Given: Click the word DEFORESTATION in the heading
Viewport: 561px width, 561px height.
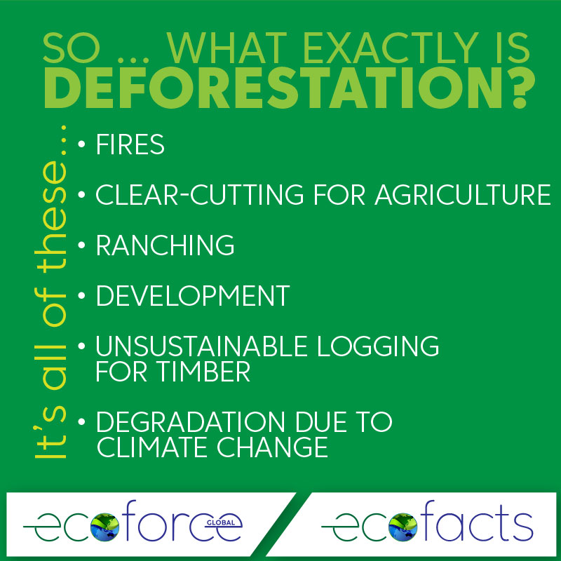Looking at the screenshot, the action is [276, 88].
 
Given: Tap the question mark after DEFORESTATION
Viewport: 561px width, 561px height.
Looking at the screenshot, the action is [522, 88].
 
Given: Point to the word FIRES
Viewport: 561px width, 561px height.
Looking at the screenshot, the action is [130, 144].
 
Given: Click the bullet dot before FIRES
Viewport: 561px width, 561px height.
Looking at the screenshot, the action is [81, 144].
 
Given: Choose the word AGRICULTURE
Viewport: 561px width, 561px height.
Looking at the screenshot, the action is [463, 195].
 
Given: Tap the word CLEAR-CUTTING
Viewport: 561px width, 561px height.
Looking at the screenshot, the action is [200, 195].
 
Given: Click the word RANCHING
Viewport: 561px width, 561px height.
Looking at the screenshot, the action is [165, 245].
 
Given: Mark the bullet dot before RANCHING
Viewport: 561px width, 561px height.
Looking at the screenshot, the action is [81, 245].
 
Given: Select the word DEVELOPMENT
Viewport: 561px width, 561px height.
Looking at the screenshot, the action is [193, 295].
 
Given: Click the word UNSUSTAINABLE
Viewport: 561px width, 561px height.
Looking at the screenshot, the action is [201, 346].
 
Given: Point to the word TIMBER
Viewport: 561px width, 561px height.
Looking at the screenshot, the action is [204, 372].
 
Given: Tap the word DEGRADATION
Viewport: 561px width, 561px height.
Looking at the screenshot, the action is [190, 421].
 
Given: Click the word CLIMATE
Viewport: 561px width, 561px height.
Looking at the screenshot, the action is [154, 447].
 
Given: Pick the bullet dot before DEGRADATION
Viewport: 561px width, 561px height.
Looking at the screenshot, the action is [81, 421].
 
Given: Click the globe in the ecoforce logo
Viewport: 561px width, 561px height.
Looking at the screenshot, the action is [104, 527].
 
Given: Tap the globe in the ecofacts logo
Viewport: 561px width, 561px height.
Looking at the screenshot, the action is [403, 527].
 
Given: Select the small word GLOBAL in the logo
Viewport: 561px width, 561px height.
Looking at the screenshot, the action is [221, 522].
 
